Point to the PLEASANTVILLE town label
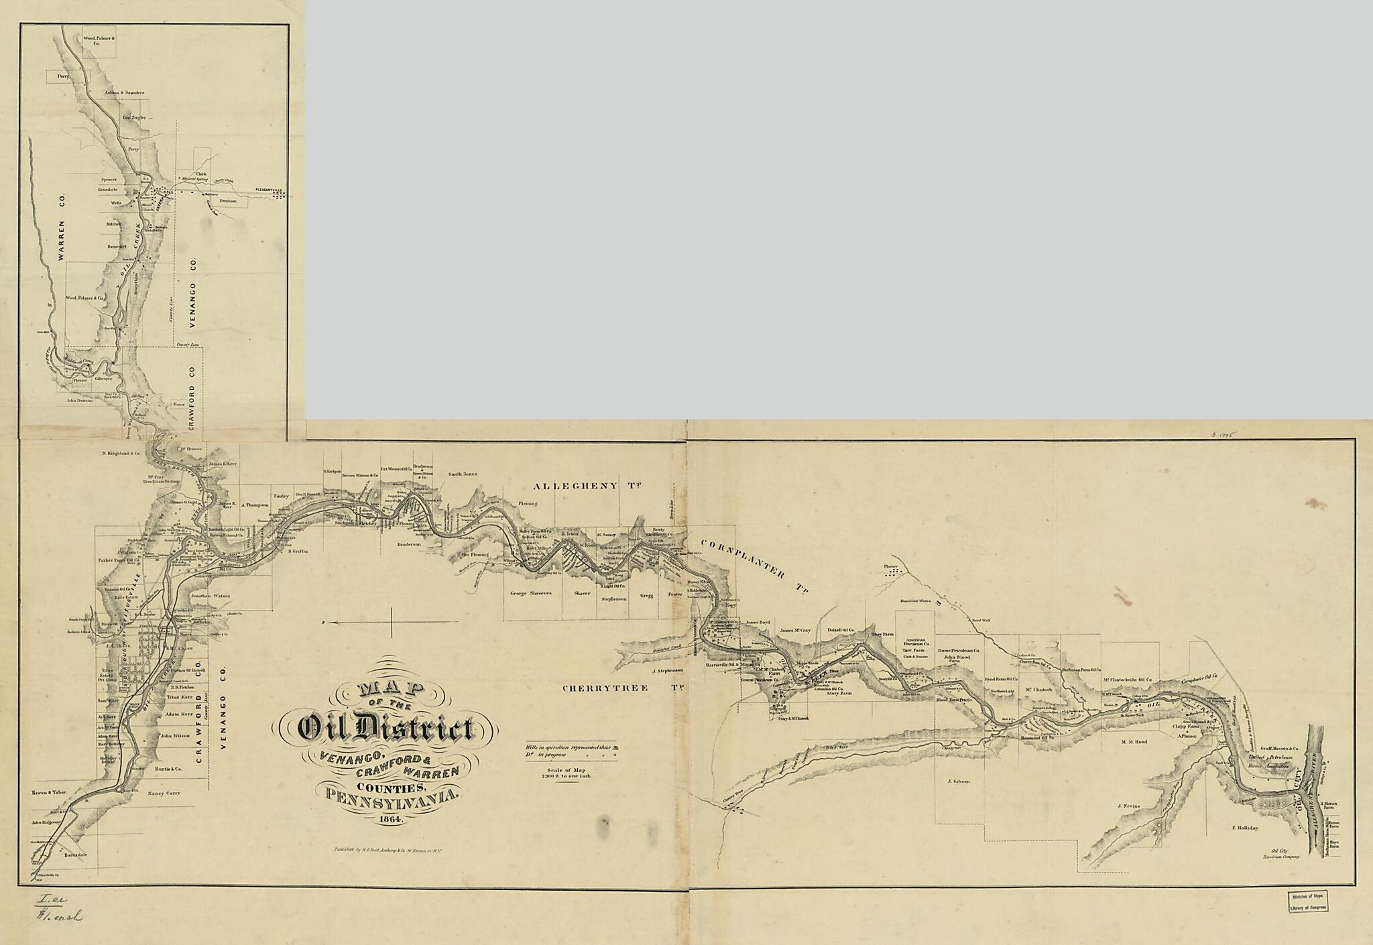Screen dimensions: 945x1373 tap(267, 190)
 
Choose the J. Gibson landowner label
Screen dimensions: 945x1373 tap(959, 781)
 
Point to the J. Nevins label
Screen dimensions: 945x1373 tap(1129, 806)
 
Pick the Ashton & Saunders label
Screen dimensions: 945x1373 tap(124, 92)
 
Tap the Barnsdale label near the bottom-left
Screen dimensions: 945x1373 tap(76, 856)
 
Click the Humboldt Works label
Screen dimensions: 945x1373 tap(916, 601)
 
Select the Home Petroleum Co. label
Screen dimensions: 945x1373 tap(959, 651)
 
